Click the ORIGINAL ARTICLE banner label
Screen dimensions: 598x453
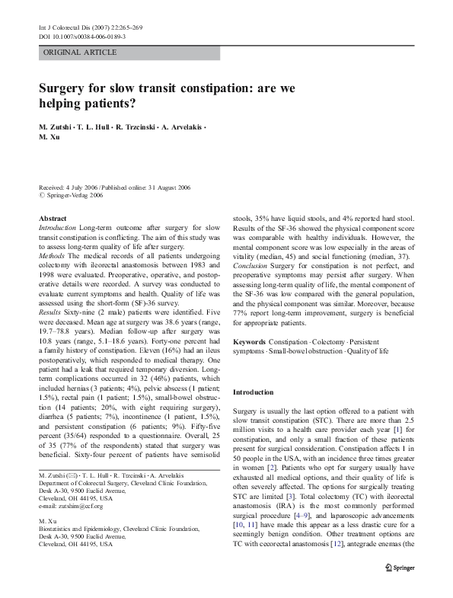[x=81, y=53]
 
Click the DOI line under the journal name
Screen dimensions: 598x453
[x=82, y=37]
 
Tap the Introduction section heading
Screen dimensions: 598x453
[x=253, y=392]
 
